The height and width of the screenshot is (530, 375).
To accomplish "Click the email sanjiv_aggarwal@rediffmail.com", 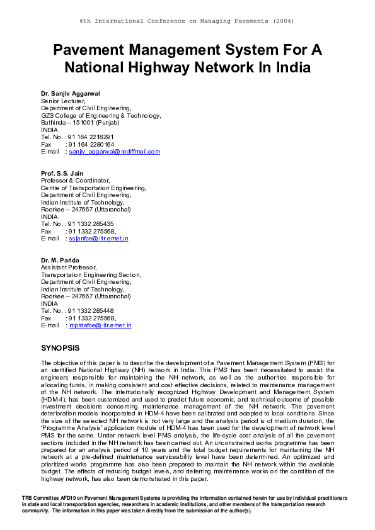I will pos(115,152).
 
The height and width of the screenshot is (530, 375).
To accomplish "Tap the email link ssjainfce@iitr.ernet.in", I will pos(99,239).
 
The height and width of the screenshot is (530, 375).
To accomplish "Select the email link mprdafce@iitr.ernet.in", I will pos(100,325).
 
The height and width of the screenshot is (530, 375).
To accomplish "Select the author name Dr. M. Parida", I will pos(59,261).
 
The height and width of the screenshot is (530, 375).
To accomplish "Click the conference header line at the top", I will pos(187,21).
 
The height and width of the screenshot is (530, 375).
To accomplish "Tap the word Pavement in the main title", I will pos(91,50).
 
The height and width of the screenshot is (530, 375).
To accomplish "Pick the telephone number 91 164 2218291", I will pos(91,137).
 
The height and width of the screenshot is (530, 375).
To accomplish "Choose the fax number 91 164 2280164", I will pos(91,144).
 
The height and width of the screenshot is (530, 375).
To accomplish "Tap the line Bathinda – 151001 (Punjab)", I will pos(84,123).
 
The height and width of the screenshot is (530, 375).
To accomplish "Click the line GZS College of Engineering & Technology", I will pos(101,115).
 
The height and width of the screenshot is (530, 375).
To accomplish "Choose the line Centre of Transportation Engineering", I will pos(93,188).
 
